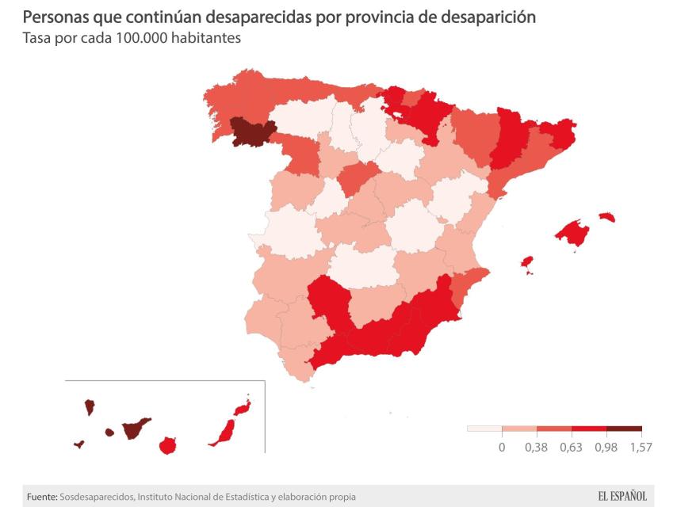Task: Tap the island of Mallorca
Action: pos(573,232)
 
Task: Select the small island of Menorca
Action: pos(606,217)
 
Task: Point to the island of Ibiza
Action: pos(526,261)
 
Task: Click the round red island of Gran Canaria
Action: pos(167,445)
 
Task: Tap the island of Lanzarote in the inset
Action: pos(242,409)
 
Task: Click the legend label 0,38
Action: pos(537,448)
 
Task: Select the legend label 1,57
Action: pos(641,448)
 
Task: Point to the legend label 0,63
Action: pos(571,448)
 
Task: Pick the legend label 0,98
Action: pos(606,448)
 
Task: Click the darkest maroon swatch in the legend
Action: pos(624,429)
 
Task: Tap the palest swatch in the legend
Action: pos(484,429)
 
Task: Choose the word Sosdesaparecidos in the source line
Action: pos(95,497)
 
